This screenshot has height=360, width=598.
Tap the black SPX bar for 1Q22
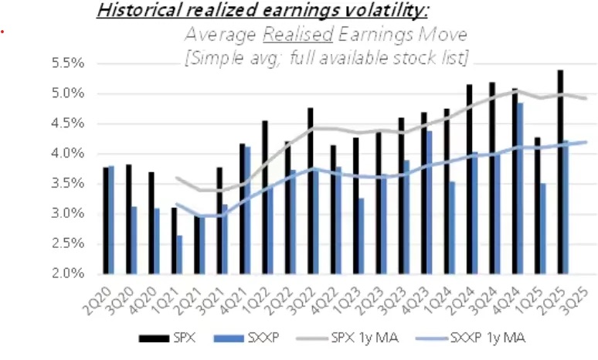tap(265, 197)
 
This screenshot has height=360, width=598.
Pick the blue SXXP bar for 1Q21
tap(179, 254)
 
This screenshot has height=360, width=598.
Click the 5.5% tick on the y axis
tap(77, 63)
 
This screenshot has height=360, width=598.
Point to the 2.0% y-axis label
tap(77, 273)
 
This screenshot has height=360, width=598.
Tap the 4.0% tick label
tap(77, 154)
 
